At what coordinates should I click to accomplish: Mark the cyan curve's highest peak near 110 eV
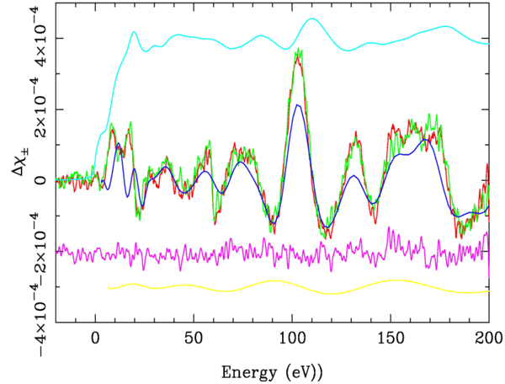[312, 19]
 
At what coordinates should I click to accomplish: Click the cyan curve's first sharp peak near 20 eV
[134, 32]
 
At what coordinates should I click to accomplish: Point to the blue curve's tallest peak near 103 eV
[297, 105]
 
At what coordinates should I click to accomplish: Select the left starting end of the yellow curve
[108, 288]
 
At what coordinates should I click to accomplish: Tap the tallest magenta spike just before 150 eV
[388, 227]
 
